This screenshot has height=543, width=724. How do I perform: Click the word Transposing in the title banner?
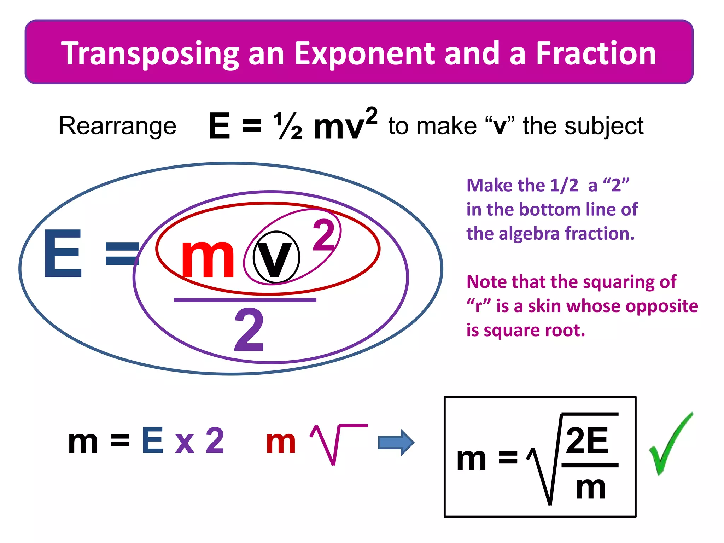150,54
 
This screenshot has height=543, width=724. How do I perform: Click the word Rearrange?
117,126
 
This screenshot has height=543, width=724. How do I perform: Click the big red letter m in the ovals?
208,257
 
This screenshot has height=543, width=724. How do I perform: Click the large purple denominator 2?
249,329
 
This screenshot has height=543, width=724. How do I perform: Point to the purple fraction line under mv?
245,300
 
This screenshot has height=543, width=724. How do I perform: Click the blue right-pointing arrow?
396,442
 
